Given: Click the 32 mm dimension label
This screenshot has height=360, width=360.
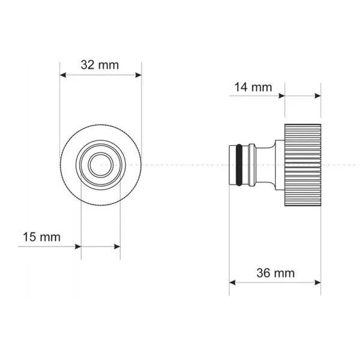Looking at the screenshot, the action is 100,65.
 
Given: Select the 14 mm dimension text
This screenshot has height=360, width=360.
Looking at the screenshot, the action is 253,87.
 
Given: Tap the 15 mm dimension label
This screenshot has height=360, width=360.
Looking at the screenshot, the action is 42,237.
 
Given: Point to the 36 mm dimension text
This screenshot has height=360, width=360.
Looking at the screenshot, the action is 275,273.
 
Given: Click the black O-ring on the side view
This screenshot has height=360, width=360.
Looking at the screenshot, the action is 239,165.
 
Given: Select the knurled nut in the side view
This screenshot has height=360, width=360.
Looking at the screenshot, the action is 302,165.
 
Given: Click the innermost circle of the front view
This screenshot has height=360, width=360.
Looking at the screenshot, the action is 101,165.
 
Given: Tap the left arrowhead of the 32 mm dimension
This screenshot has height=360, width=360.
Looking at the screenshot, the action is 63,75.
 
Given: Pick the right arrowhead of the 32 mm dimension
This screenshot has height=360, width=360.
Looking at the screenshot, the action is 138,75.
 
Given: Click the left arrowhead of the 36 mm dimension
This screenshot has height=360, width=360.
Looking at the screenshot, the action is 232,283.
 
